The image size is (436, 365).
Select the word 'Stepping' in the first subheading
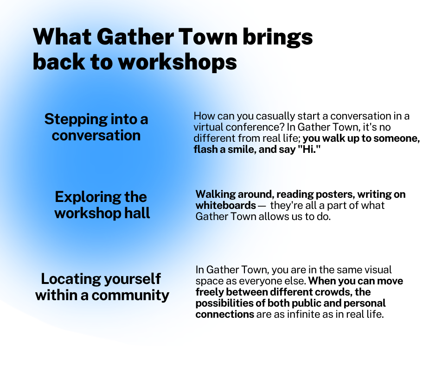76,120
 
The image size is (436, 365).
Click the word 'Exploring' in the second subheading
88,197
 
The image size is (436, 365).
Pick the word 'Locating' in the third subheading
71,278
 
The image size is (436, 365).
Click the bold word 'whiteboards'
226,206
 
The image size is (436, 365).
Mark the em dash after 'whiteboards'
262,206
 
